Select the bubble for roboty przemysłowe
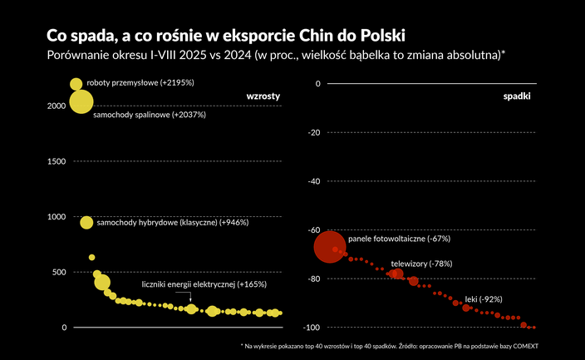coord(76,84)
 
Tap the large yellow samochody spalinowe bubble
coord(81,102)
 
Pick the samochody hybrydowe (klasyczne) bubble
coord(86,223)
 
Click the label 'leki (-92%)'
coord(484,298)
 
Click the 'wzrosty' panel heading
coord(263,96)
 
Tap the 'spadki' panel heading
coord(518,96)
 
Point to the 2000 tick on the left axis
coord(55,106)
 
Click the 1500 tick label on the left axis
coord(55,161)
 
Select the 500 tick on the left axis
coord(57,272)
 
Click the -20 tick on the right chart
coord(313,132)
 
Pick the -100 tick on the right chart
coord(312,328)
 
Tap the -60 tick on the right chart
coord(313,230)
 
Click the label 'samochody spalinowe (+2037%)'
coord(149,115)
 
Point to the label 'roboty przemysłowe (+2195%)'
coord(140,83)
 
